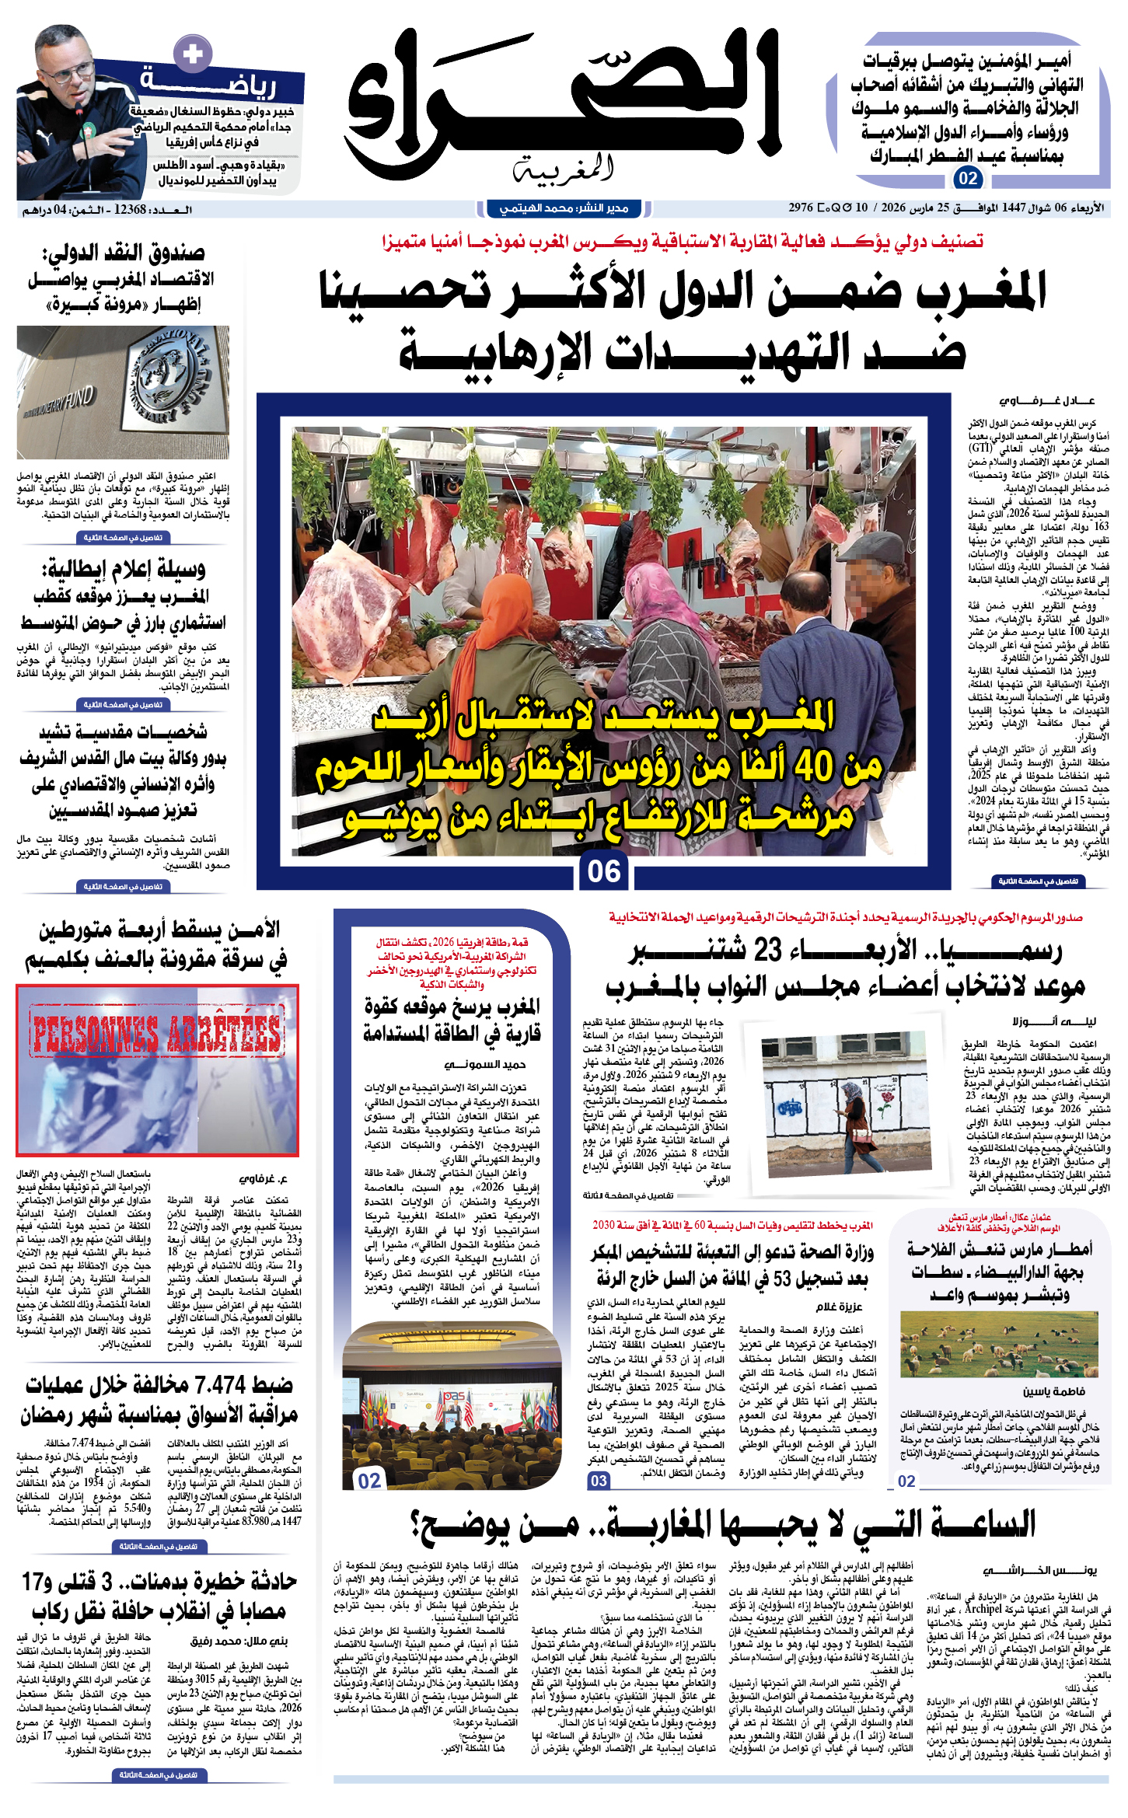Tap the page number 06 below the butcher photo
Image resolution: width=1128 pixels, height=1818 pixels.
pos(604,871)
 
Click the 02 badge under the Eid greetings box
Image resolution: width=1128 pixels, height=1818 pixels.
pos(968,178)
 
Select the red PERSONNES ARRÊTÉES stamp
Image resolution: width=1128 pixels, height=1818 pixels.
pos(157,1031)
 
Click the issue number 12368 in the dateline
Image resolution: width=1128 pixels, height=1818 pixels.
pos(130,209)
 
